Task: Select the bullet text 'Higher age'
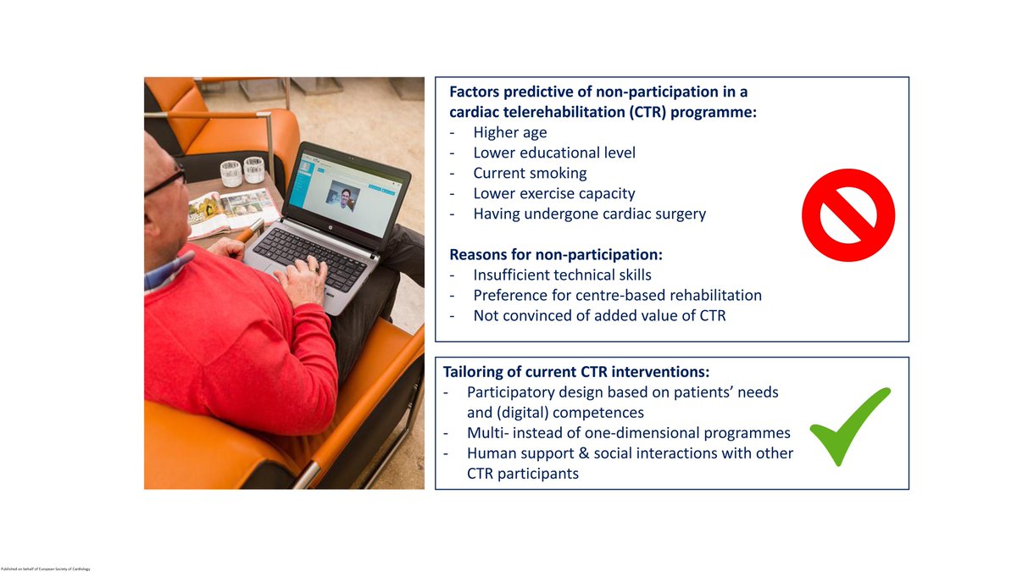coord(509,132)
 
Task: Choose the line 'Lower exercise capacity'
coord(553,193)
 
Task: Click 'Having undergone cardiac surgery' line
coord(589,214)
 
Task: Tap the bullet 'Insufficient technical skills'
coord(562,275)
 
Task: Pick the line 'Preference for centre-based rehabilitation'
coord(617,295)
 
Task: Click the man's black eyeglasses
coord(166,180)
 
